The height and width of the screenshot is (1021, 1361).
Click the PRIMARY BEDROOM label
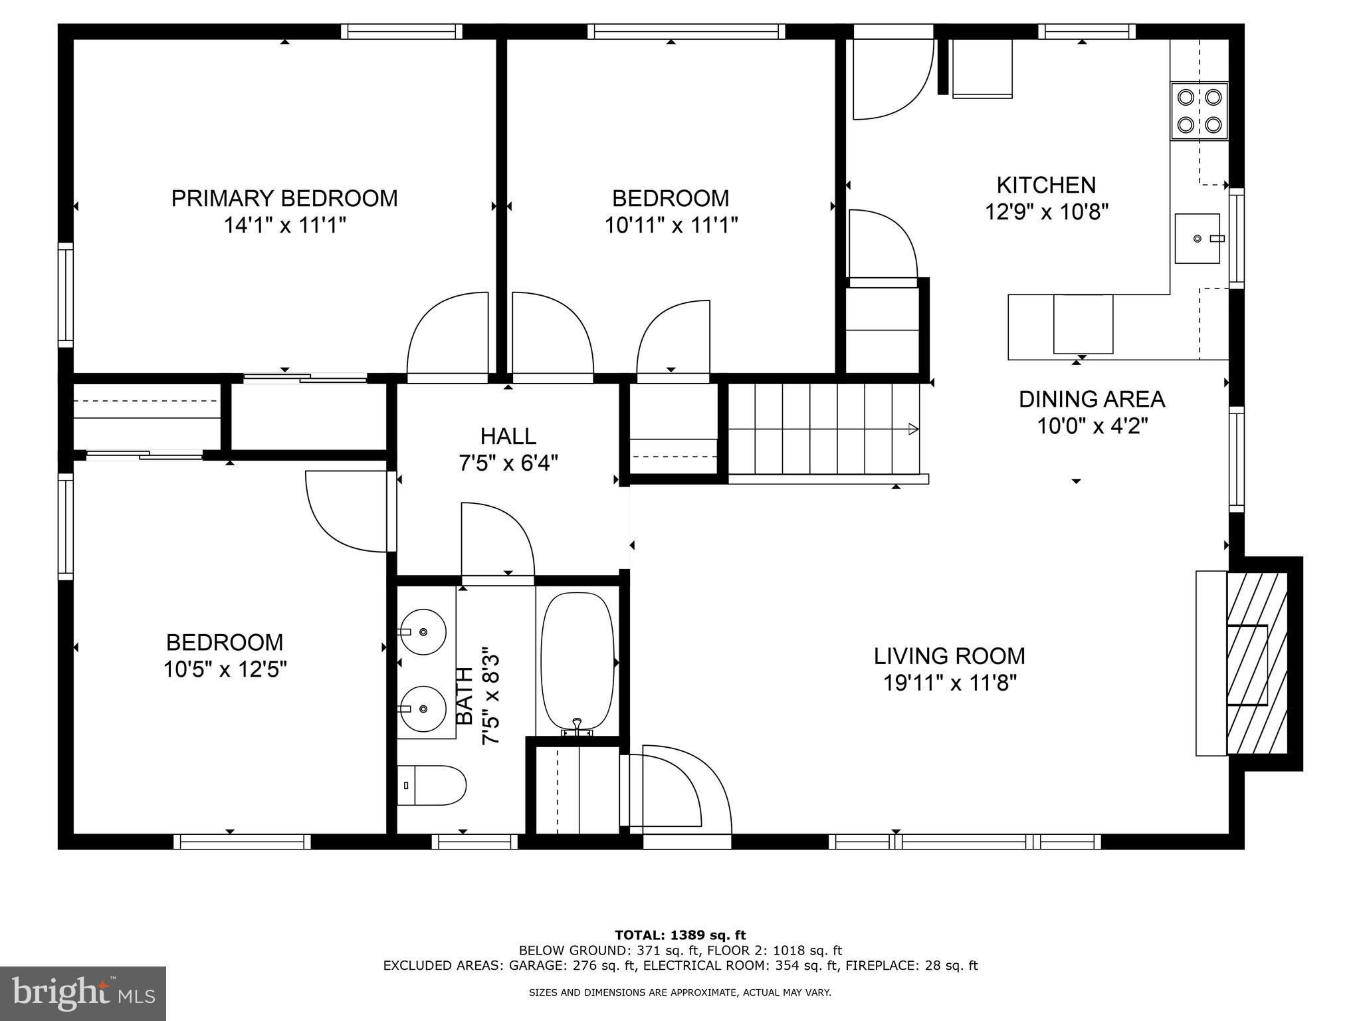tap(284, 198)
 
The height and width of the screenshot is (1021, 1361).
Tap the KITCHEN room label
tap(1046, 185)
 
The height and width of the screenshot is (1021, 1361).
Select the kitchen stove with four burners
tap(1199, 111)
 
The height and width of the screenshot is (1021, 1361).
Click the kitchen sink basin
tap(1198, 238)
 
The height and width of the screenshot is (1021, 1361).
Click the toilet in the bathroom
tap(432, 785)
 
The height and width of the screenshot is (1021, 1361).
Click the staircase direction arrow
tap(914, 429)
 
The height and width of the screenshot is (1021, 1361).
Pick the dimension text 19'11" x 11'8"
tap(950, 683)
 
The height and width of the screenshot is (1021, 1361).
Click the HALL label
tap(508, 436)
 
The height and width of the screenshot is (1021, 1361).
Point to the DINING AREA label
tap(1092, 399)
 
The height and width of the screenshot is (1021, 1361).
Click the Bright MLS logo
tap(83, 994)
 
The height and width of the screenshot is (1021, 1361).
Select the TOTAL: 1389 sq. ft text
tap(680, 935)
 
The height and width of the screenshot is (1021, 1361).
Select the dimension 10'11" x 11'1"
tap(671, 225)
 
